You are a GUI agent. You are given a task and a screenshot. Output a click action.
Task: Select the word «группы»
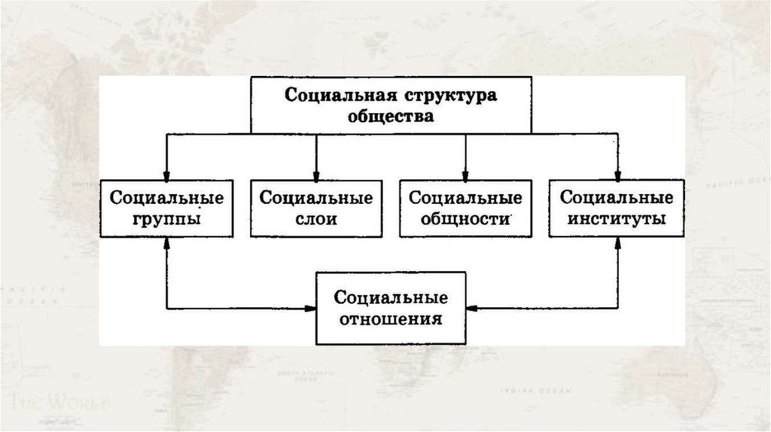pyautogui.click(x=166, y=220)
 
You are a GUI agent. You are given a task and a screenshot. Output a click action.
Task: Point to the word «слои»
pyautogui.click(x=315, y=220)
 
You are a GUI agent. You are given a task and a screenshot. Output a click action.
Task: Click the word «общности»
pyautogui.click(x=465, y=220)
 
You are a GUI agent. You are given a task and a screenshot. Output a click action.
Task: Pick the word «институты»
pyautogui.click(x=616, y=220)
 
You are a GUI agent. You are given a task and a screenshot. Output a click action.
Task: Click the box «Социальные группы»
pyautogui.click(x=166, y=208)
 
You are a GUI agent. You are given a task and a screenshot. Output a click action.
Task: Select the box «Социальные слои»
pyautogui.click(x=315, y=208)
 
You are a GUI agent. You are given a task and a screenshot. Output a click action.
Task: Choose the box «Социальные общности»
pyautogui.click(x=465, y=208)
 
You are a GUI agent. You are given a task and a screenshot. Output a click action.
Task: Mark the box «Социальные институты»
pyautogui.click(x=616, y=208)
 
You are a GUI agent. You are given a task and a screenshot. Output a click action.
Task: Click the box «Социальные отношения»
pyautogui.click(x=391, y=308)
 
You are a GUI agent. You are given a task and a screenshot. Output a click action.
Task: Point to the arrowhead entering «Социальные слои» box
pyautogui.click(x=315, y=174)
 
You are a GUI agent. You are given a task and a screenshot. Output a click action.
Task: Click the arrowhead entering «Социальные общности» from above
pyautogui.click(x=465, y=174)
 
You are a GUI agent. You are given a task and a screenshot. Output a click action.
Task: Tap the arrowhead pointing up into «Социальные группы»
pyautogui.click(x=166, y=243)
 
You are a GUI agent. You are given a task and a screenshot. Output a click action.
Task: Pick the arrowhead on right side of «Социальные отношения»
pyautogui.click(x=472, y=308)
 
